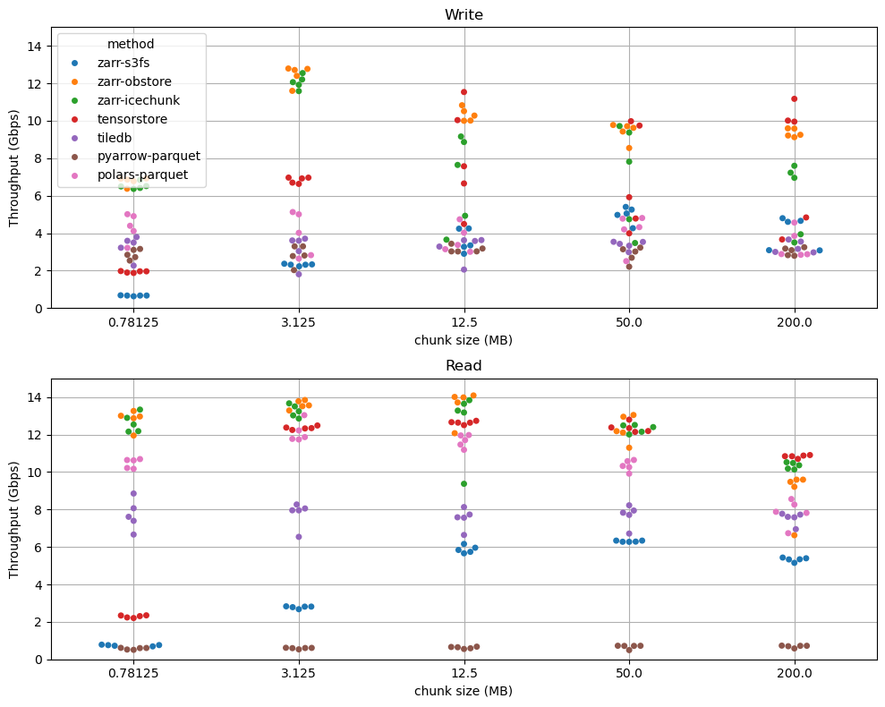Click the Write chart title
click(464, 14)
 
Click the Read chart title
click(464, 365)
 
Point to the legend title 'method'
click(130, 44)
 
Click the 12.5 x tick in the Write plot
click(464, 321)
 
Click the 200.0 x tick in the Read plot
click(794, 672)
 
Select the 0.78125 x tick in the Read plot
click(133, 672)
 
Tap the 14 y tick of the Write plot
click(36, 46)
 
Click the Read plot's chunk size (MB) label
click(464, 691)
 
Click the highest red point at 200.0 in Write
click(794, 98)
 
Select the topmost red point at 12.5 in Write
click(464, 92)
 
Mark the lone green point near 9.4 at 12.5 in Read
click(464, 484)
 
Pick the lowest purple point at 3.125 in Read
click(299, 537)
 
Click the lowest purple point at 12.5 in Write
click(464, 269)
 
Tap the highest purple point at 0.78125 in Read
click(133, 493)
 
